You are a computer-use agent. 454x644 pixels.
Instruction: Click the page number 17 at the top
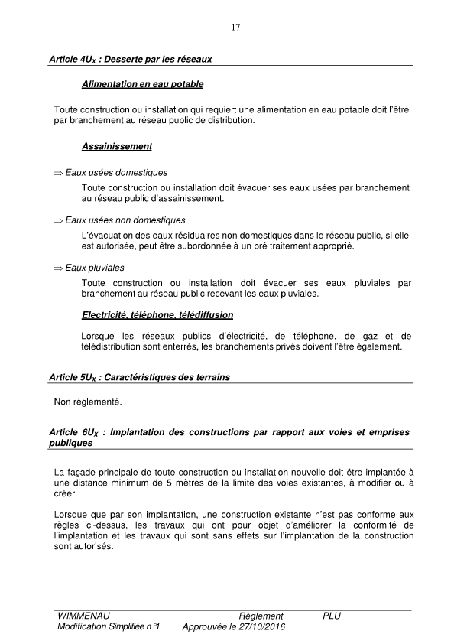point(235,28)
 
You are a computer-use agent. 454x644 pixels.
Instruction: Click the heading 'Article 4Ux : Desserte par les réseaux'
point(130,58)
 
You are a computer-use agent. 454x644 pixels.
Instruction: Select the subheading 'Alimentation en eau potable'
point(142,83)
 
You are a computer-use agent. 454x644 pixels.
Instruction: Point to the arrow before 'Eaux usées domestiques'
point(58,174)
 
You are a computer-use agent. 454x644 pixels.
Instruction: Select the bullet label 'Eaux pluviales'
point(95,268)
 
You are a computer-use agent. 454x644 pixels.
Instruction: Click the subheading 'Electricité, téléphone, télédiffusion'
point(157,314)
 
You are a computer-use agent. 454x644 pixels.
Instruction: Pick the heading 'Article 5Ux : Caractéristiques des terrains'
point(138,377)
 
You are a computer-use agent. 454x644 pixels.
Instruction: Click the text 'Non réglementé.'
point(88,401)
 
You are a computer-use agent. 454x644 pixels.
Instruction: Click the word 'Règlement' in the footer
point(261,616)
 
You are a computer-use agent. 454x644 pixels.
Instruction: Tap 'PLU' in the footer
point(332,616)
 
